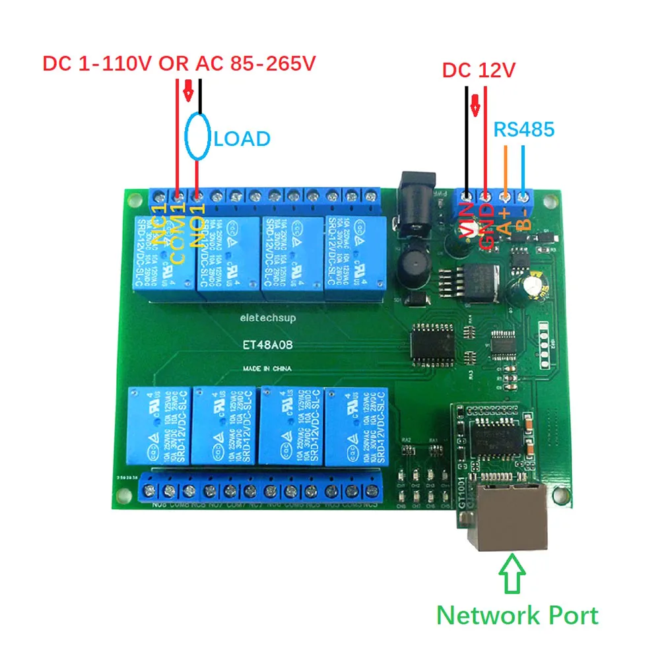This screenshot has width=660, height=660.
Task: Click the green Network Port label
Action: (x=517, y=615)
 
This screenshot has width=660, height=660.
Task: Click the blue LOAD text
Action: (x=242, y=139)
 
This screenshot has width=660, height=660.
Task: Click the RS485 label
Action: (x=524, y=129)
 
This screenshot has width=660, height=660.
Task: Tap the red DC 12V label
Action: (x=478, y=70)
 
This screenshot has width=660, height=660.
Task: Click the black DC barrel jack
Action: (x=417, y=188)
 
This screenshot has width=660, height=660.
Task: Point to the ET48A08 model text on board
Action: (x=267, y=344)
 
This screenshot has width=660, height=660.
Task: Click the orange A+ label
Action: (x=505, y=220)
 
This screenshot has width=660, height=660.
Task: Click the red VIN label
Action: (x=467, y=221)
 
